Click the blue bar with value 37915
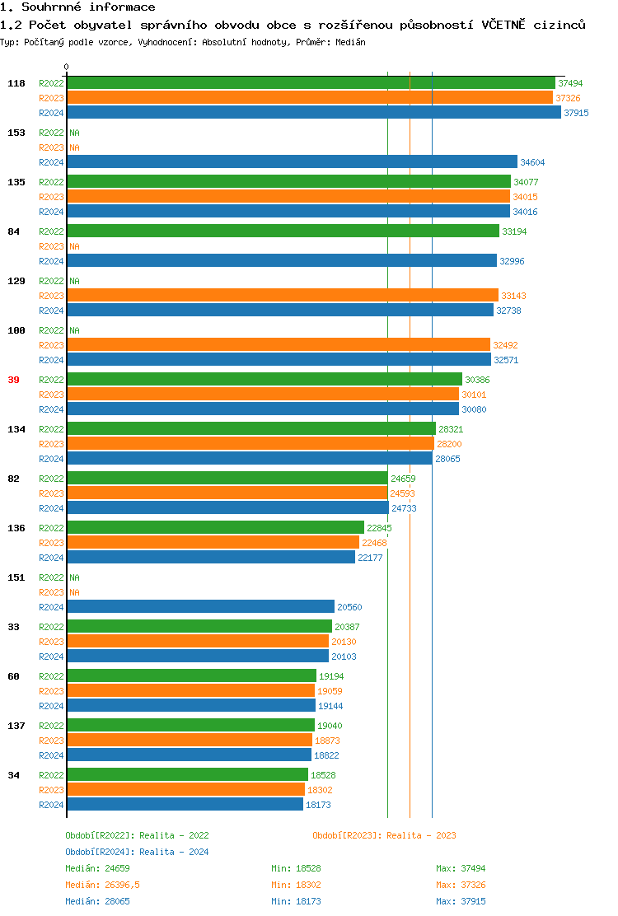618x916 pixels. point(313,113)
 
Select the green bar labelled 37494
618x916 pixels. point(311,83)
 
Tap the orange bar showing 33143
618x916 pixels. point(282,296)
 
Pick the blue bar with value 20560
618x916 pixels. point(200,607)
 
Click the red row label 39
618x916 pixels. point(13,380)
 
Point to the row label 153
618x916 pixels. point(16,133)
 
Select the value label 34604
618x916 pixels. point(532,162)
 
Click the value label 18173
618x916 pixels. point(318,805)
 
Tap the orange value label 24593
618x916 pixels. point(402,493)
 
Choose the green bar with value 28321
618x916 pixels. point(250,429)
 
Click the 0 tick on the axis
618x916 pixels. point(67,68)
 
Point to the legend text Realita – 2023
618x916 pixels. point(421,835)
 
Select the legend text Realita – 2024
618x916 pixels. point(174,852)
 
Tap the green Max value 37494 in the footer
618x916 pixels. point(473,868)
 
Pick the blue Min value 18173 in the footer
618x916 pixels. point(308,901)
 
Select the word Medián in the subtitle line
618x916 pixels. point(350,42)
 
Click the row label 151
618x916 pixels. point(16,577)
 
